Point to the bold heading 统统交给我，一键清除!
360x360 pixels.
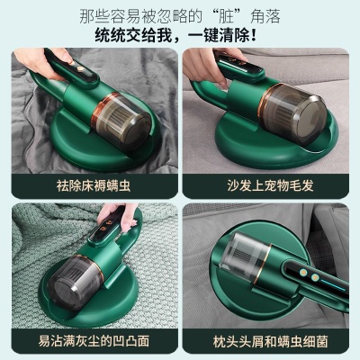click(180, 37)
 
